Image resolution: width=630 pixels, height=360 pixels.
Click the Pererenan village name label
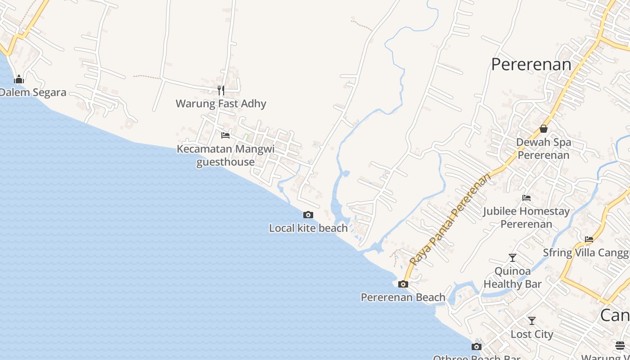[531, 64]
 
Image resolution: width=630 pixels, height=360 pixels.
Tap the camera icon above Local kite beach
[308, 215]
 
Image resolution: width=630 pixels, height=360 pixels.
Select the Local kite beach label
[308, 228]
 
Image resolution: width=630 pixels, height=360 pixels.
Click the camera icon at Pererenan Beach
[403, 284]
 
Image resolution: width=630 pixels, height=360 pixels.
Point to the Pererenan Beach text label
[403, 297]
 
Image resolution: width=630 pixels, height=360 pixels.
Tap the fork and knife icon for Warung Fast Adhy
[221, 90]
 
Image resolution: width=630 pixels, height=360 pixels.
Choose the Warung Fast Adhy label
[221, 103]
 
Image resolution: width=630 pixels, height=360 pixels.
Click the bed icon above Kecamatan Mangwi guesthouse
[225, 135]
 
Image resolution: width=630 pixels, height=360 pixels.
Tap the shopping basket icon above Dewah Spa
[544, 129]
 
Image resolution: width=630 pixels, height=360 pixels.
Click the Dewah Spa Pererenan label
[544, 148]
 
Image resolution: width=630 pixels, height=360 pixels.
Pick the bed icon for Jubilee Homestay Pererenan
[526, 198]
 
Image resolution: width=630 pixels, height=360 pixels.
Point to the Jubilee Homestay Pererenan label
[526, 217]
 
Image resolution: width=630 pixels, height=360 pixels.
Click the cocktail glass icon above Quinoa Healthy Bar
[513, 258]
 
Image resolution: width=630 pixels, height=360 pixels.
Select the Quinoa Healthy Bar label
[513, 278]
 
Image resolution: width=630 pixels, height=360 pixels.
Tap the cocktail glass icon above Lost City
[532, 321]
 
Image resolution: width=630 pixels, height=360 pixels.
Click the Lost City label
[532, 334]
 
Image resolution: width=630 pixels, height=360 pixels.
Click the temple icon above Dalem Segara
[19, 80]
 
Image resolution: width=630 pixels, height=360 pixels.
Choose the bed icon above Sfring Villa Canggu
[589, 239]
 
